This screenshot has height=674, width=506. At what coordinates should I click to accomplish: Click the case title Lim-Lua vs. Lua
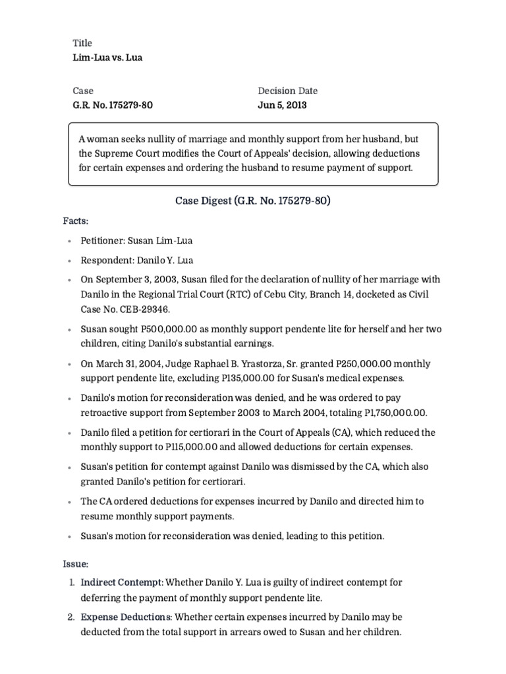[x=107, y=57]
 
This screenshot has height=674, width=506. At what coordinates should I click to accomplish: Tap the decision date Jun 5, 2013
[x=281, y=105]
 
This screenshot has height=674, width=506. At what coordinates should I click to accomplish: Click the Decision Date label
[x=287, y=91]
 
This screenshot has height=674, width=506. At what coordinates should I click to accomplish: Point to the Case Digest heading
[x=252, y=200]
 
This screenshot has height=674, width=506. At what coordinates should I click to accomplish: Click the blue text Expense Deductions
[x=126, y=617]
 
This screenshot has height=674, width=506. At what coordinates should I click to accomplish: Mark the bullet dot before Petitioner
[x=69, y=242]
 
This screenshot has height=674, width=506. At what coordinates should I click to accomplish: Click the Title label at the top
[x=82, y=43]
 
